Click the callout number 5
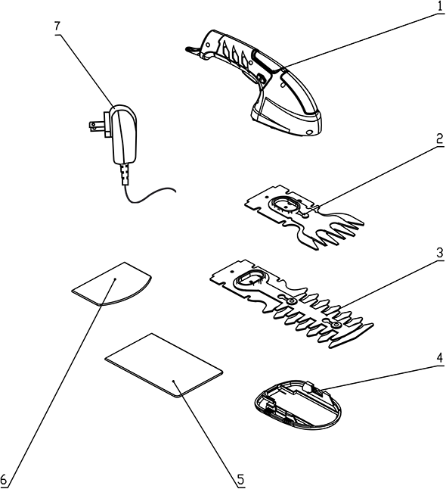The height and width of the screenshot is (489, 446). pyautogui.click(x=240, y=478)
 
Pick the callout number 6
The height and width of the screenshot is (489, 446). pyautogui.click(x=6, y=478)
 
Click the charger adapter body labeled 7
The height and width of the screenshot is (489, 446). pyautogui.click(x=123, y=136)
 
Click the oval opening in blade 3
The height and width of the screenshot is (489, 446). pyautogui.click(x=251, y=279)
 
